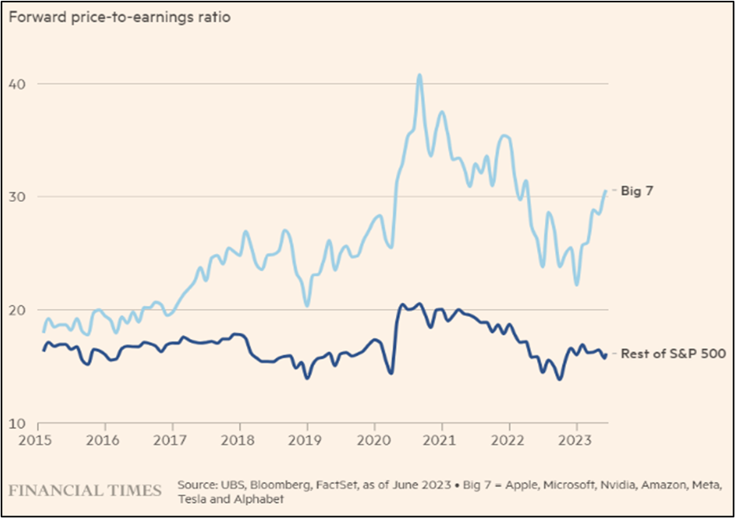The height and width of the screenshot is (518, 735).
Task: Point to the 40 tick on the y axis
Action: click(17, 84)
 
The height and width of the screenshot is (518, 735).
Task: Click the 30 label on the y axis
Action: click(17, 196)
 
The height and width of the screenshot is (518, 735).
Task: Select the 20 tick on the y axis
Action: click(17, 309)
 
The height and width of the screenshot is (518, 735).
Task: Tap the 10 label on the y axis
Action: click(17, 423)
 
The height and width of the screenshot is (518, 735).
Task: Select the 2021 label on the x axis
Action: click(442, 438)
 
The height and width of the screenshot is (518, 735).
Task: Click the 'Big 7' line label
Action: click(638, 191)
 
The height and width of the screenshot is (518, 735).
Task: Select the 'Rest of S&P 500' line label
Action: click(673, 354)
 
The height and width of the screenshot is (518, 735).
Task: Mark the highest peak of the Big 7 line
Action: click(420, 75)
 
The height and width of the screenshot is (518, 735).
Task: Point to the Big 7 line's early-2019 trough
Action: click(307, 305)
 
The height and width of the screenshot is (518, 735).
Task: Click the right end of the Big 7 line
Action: click(606, 191)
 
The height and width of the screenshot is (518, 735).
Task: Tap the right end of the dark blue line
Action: click(606, 356)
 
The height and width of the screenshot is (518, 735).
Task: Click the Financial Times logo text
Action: click(85, 490)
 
